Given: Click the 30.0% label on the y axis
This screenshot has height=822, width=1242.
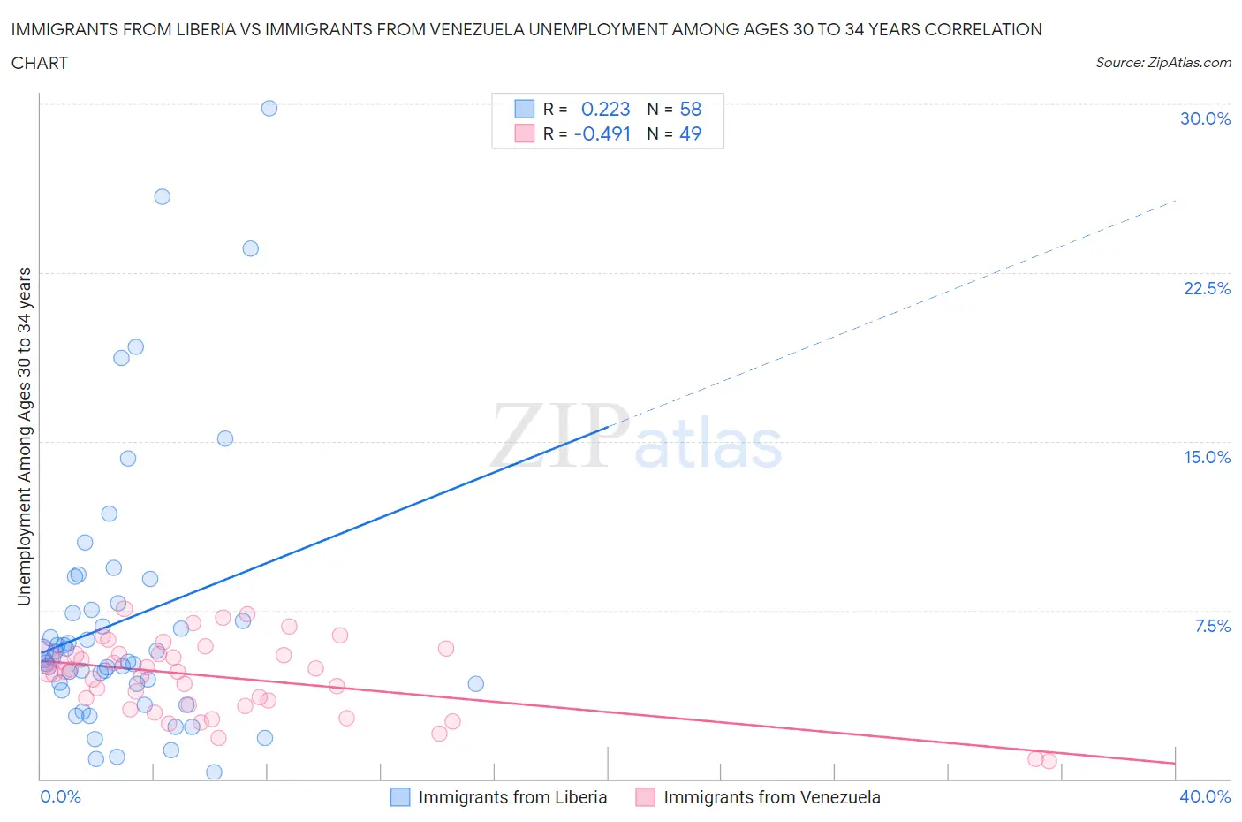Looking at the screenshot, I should (1205, 118).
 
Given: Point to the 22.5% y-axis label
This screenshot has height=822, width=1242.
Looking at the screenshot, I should (1207, 288).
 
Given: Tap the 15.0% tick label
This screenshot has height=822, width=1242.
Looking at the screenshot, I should (1207, 457).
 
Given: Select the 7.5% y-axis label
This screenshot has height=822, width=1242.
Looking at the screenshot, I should (1212, 626).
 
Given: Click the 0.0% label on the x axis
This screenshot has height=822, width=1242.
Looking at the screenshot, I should (60, 796).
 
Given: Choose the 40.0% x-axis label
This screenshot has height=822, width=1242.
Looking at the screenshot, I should (1205, 796).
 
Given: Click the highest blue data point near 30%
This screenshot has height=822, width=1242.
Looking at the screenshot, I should (269, 108).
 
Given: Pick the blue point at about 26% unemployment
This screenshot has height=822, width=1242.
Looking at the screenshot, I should (163, 196).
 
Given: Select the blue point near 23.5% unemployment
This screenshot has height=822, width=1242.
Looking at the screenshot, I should (251, 248).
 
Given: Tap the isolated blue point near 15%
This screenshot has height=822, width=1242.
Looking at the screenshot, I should (225, 438).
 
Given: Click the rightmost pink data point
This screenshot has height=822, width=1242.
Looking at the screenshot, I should (1049, 761).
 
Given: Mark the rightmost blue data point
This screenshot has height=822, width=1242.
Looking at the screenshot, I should (475, 683).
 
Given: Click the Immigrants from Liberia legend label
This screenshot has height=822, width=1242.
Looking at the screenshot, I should (512, 797).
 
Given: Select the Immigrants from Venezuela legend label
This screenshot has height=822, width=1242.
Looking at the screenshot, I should (771, 797).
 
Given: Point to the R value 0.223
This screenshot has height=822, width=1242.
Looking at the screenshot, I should (605, 109).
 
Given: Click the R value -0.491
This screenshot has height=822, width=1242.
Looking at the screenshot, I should (602, 133).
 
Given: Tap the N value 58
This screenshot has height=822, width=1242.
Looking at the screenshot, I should (690, 109).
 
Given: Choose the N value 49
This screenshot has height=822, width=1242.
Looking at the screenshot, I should (690, 133).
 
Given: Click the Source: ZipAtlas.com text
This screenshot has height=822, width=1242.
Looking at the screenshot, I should (1162, 62).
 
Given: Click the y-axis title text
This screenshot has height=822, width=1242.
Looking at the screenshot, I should (24, 437).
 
